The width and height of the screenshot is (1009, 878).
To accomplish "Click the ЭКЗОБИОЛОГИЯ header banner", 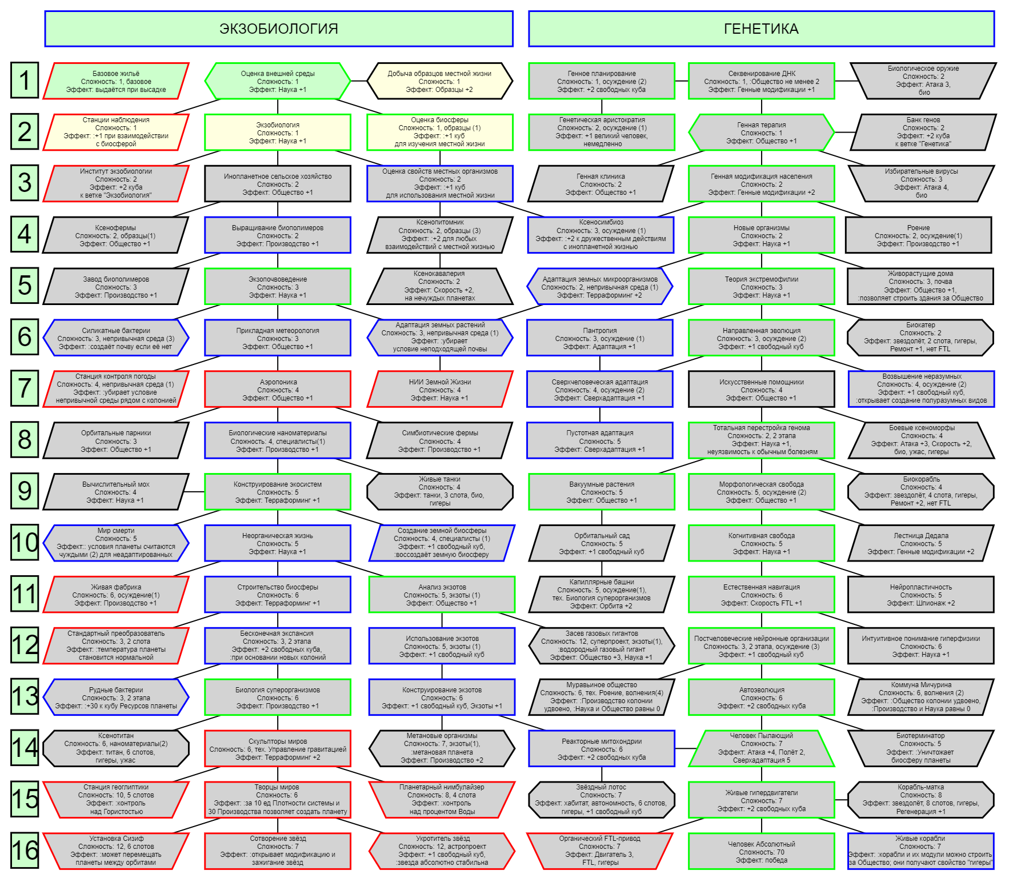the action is click(279, 29).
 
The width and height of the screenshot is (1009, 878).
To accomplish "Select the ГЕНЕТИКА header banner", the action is click(761, 29).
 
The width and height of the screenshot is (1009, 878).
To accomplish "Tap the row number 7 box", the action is click(25, 388).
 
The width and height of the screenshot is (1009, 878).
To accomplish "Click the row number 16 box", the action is click(25, 851).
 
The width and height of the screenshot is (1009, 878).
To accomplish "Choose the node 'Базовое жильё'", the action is click(116, 81).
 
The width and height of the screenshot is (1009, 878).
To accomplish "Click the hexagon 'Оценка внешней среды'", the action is click(278, 81).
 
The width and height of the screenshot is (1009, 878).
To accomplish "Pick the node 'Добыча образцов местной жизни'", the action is click(439, 81).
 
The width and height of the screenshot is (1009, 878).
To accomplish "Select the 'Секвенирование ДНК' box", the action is click(762, 81).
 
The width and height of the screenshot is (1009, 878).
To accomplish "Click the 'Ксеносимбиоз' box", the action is click(601, 235).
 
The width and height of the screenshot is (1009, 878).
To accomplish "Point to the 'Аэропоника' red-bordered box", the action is click(278, 389).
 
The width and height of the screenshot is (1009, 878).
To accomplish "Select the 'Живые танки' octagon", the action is click(439, 491).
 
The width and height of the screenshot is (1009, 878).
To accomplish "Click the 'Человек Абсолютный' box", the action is click(762, 851).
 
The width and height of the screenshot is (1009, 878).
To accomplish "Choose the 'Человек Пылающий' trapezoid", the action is click(762, 748).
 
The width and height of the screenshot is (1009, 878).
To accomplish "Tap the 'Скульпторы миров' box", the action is click(278, 748).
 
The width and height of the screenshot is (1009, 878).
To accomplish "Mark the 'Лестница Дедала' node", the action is click(921, 543).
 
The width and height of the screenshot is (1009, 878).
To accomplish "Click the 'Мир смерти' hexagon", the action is click(116, 543).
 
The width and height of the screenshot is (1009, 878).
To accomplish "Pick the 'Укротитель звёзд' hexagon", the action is click(442, 851).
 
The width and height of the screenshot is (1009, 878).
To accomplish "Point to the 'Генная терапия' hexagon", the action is click(762, 133).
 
